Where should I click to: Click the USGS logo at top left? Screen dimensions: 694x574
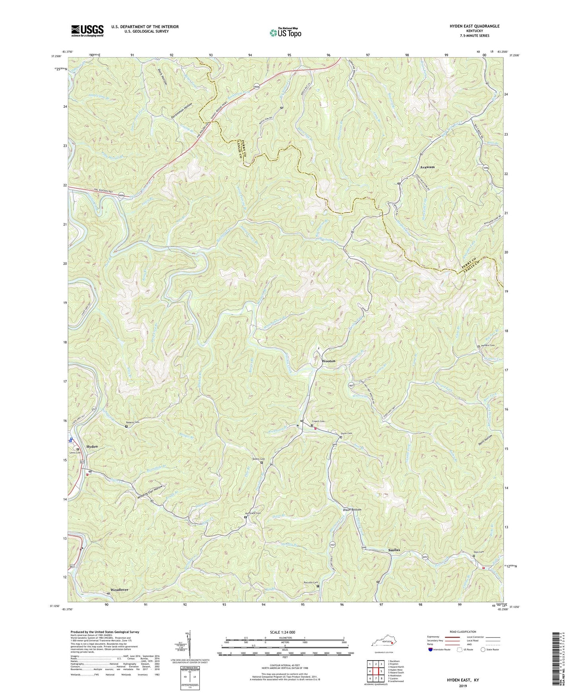coord(87,30)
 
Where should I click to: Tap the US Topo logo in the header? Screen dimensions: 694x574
coord(285,33)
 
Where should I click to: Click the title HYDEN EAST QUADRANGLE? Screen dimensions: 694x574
coord(474,26)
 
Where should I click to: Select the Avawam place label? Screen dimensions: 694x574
coord(427,167)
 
